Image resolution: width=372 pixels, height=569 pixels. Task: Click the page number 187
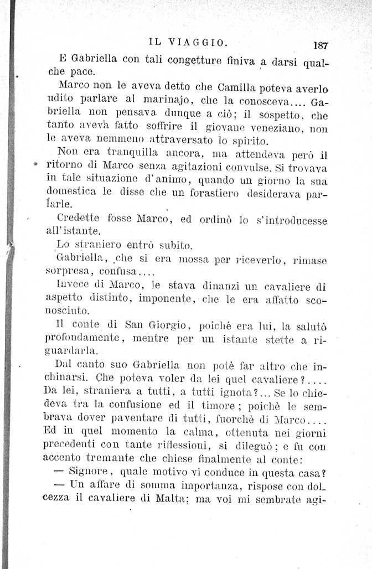click(321, 46)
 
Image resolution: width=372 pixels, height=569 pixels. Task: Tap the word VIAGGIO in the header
click(197, 42)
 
